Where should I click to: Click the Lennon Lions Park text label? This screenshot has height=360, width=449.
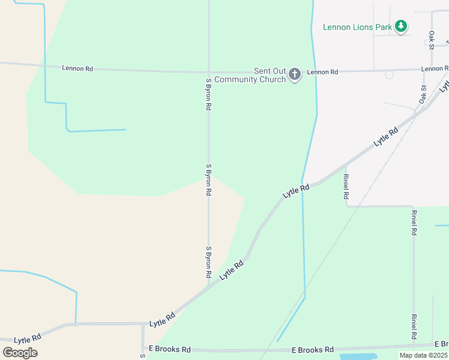coord(357,27)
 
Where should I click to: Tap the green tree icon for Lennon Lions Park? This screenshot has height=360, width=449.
coord(401,26)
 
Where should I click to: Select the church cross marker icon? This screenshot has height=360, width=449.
coord(294,74)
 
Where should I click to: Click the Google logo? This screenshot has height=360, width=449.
coord(20,352)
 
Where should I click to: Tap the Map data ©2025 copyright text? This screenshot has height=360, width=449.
coord(423,355)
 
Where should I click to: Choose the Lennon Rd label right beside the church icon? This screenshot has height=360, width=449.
coord(322,72)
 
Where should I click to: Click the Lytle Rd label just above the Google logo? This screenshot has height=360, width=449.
coord(27,338)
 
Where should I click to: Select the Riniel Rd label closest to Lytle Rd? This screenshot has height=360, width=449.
coord(346,187)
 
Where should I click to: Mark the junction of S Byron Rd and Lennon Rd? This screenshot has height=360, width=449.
coord(208,71)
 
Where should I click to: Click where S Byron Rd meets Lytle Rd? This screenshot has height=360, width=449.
coord(208,286)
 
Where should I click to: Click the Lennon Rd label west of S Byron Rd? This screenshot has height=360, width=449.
coord(77,68)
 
